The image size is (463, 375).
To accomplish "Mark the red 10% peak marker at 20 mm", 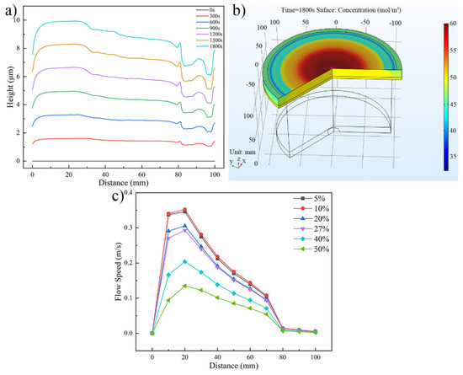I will point(185,210).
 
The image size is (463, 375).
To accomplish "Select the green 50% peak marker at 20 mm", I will point(185,286).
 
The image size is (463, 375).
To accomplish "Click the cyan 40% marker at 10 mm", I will point(168,274).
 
